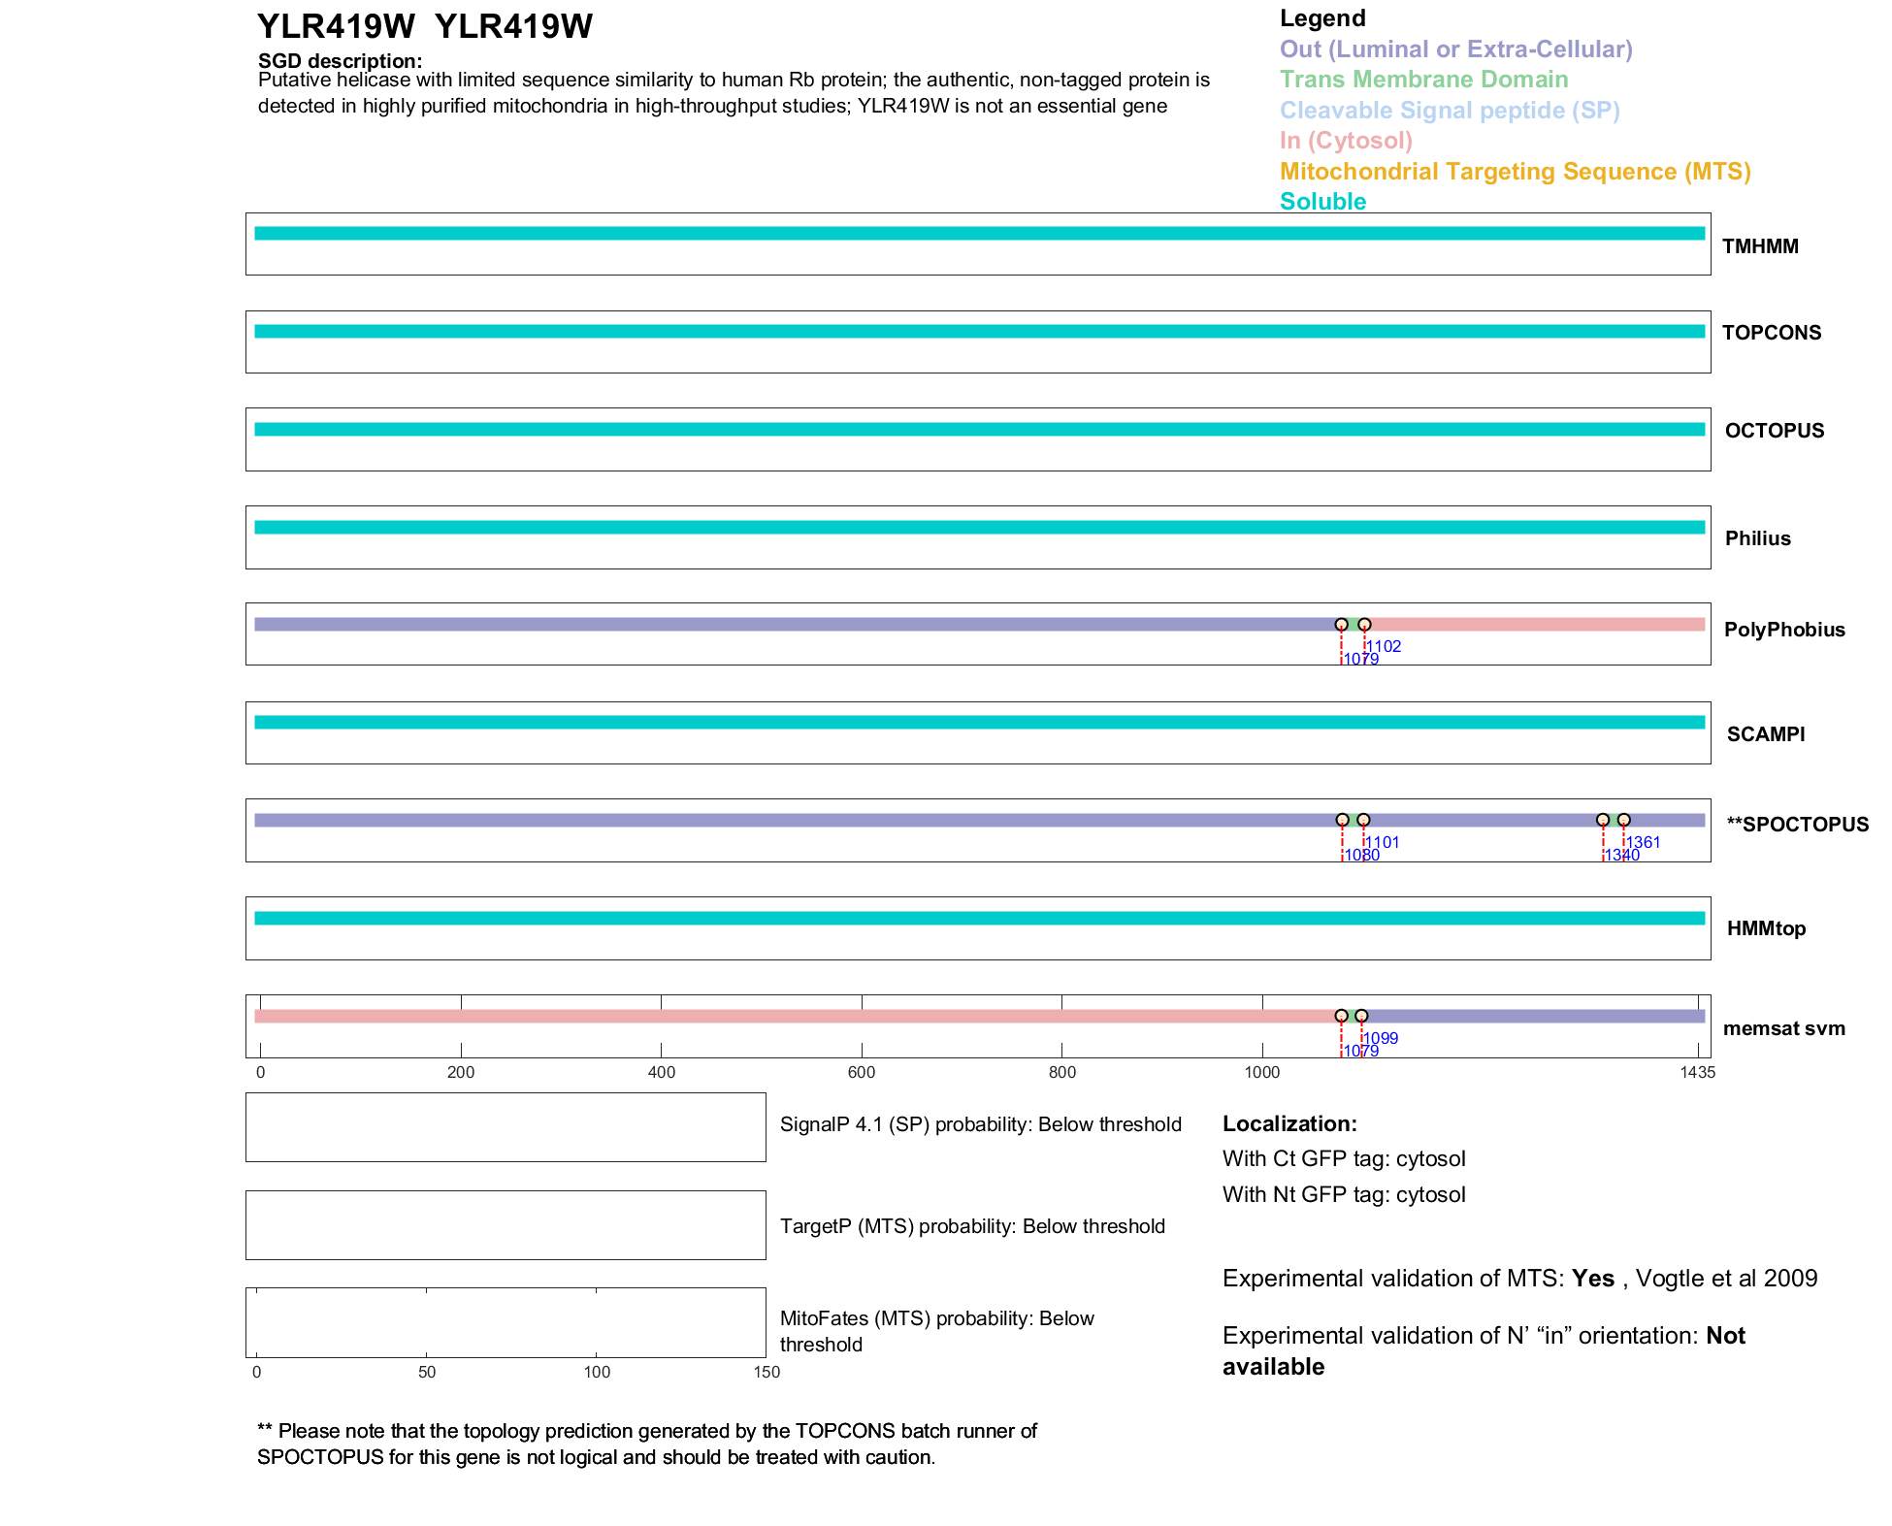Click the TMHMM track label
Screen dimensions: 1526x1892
(1759, 246)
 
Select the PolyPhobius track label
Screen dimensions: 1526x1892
(1783, 630)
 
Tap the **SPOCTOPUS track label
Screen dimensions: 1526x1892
(1797, 825)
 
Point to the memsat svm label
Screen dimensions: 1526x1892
(1783, 1028)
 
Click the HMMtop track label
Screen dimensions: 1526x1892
(1766, 928)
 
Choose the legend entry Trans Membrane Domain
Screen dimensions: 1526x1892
(1423, 80)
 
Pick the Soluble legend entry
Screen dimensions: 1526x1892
(1322, 202)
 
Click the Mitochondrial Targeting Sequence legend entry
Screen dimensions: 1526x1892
(1515, 172)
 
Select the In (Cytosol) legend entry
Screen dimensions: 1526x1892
(1346, 141)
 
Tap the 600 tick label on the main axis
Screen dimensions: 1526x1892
(862, 1072)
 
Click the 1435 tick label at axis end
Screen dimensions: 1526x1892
(1697, 1072)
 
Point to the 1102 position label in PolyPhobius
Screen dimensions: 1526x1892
(1385, 646)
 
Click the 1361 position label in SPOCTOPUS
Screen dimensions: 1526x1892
(1644, 842)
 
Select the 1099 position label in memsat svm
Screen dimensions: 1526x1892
(1382, 1038)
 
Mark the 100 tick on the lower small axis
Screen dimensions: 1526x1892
(597, 1372)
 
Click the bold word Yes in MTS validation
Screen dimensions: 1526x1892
(1592, 1279)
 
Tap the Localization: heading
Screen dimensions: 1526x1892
(1289, 1123)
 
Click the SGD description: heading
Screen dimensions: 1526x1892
(340, 61)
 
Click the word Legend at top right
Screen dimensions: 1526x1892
(1322, 18)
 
